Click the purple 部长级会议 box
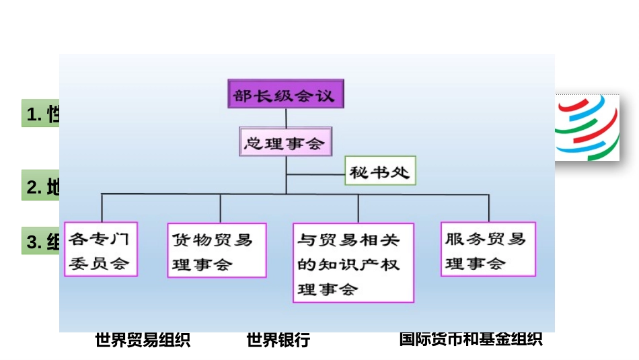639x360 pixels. (285, 94)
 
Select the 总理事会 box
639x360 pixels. (285, 143)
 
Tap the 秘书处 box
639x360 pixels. (379, 172)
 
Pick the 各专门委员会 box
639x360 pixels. (101, 249)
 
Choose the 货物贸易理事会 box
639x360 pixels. (217, 250)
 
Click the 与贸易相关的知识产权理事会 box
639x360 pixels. (353, 262)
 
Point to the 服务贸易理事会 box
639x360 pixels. (488, 250)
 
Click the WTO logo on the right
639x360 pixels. (587, 128)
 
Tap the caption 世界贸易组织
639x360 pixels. (143, 340)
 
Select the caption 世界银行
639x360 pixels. (278, 340)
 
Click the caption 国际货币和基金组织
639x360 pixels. (471, 339)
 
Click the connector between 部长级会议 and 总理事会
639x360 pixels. (286, 118)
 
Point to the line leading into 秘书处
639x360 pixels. (316, 174)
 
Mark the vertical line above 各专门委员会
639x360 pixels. (102, 208)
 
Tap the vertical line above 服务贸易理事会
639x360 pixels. (489, 208)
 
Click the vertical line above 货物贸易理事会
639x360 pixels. (221, 208)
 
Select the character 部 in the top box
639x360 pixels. (241, 95)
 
